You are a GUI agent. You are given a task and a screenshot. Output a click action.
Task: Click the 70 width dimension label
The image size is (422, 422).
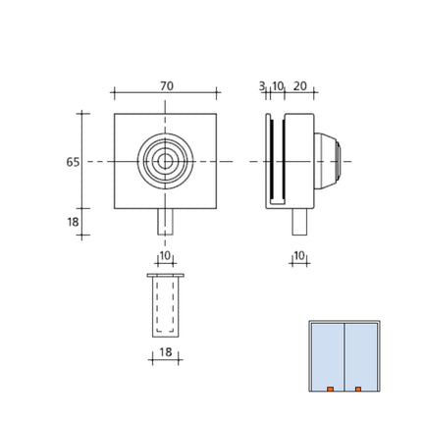(166, 86)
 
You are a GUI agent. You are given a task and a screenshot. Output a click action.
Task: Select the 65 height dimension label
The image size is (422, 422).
(73, 162)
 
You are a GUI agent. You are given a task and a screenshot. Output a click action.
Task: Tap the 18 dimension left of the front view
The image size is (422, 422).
(73, 222)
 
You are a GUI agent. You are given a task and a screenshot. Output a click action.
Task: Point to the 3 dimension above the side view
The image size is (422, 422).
(262, 86)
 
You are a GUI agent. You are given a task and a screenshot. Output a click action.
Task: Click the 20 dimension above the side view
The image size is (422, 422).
(299, 86)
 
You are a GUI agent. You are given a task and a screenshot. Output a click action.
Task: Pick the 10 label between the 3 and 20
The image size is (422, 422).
(278, 86)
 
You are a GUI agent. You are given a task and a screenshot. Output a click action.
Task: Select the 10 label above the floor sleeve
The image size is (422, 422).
(165, 256)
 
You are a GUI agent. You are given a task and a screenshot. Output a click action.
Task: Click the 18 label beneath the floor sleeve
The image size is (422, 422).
(165, 351)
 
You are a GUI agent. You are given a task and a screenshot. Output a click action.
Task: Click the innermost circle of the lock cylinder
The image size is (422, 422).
(166, 161)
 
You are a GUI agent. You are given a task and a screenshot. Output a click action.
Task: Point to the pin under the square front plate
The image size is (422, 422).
(166, 221)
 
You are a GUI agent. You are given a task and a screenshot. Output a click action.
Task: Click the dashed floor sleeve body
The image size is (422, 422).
(165, 307)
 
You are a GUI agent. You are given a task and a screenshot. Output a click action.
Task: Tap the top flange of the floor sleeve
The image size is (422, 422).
(165, 276)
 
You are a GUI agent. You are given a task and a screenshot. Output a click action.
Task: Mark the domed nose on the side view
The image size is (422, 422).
(337, 161)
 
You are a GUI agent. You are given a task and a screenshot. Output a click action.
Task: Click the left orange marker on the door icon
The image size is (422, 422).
(331, 390)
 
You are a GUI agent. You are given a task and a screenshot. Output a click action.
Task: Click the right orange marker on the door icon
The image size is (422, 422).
(358, 390)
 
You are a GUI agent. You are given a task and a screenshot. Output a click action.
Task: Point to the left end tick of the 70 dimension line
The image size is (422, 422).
(115, 94)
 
